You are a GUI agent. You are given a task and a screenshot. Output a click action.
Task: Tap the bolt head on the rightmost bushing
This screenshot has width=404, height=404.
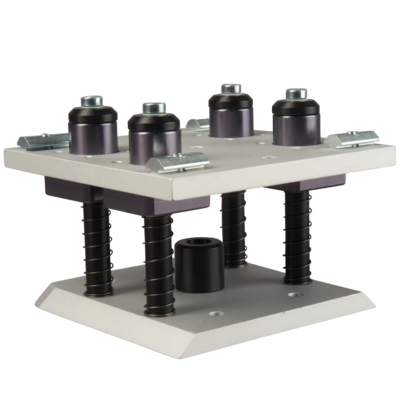[x=296, y=93]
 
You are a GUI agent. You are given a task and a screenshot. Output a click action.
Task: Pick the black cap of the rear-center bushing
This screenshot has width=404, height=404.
[x=231, y=103]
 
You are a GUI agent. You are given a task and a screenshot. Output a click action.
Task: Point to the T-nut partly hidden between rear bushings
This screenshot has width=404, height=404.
[x=198, y=124]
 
